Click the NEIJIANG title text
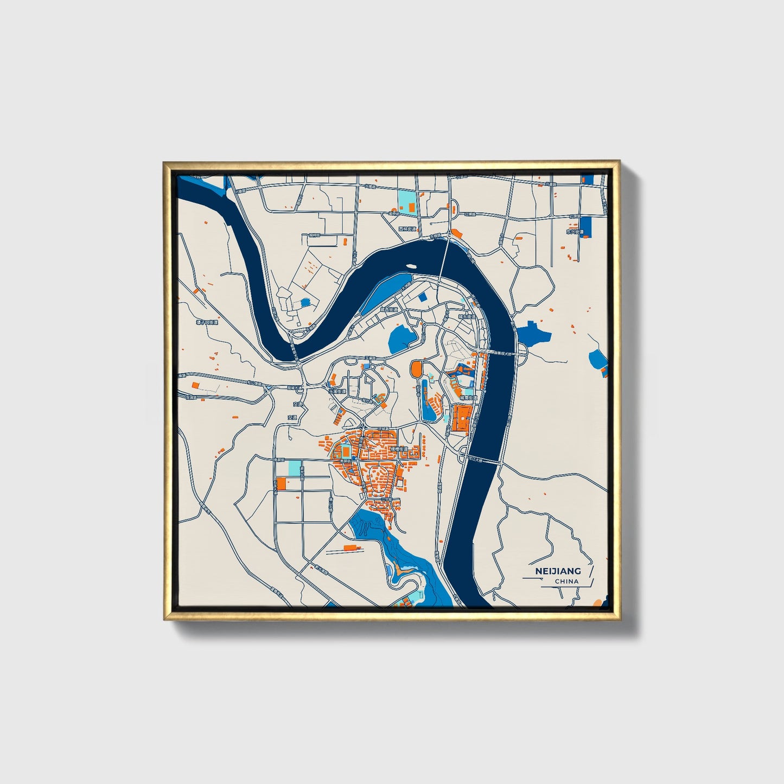click(x=558, y=571)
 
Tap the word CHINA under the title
click(x=566, y=581)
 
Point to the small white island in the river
click(x=411, y=266)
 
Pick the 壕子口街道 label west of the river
click(x=207, y=322)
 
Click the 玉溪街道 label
click(x=336, y=392)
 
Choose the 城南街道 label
click(x=468, y=398)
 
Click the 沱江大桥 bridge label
click(x=476, y=459)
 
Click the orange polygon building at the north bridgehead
click(x=456, y=234)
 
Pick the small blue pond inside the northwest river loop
click(x=305, y=302)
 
